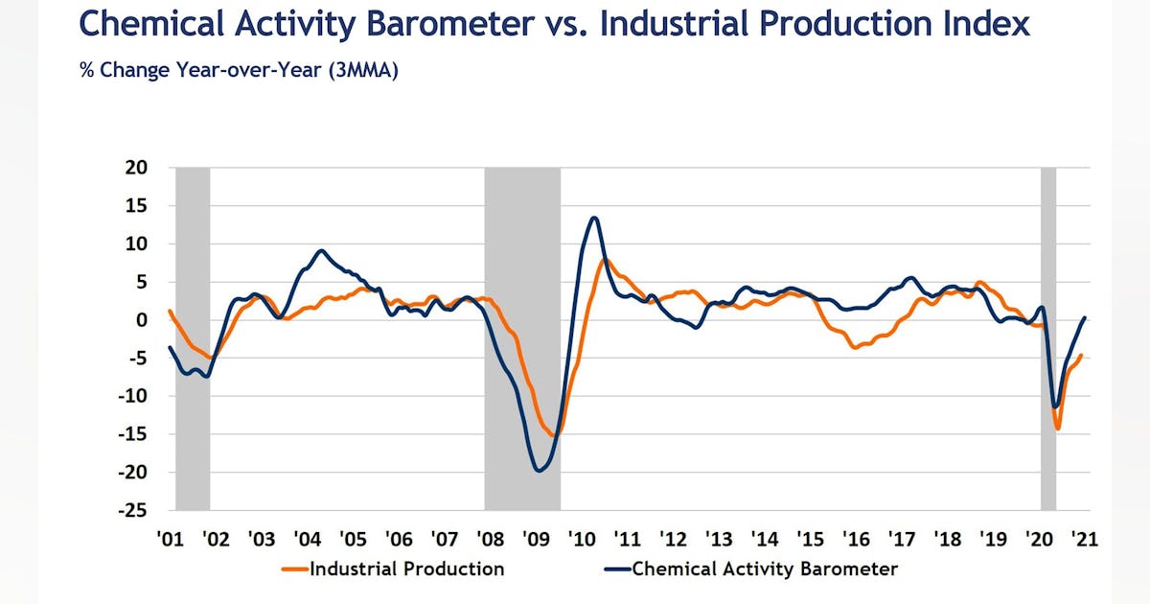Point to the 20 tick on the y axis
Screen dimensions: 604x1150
(137, 168)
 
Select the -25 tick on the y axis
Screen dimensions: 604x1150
(134, 510)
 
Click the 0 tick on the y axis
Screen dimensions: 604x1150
(142, 320)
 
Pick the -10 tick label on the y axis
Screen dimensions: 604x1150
(134, 396)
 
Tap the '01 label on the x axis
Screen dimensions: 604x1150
(170, 539)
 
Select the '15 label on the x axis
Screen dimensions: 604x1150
(810, 539)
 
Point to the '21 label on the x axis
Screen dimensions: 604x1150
(1084, 539)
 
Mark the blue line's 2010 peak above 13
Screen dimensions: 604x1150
(594, 218)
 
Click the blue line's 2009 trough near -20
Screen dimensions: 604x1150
(540, 470)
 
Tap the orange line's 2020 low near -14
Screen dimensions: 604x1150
(1058, 429)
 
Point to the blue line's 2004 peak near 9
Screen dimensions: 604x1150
(321, 251)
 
